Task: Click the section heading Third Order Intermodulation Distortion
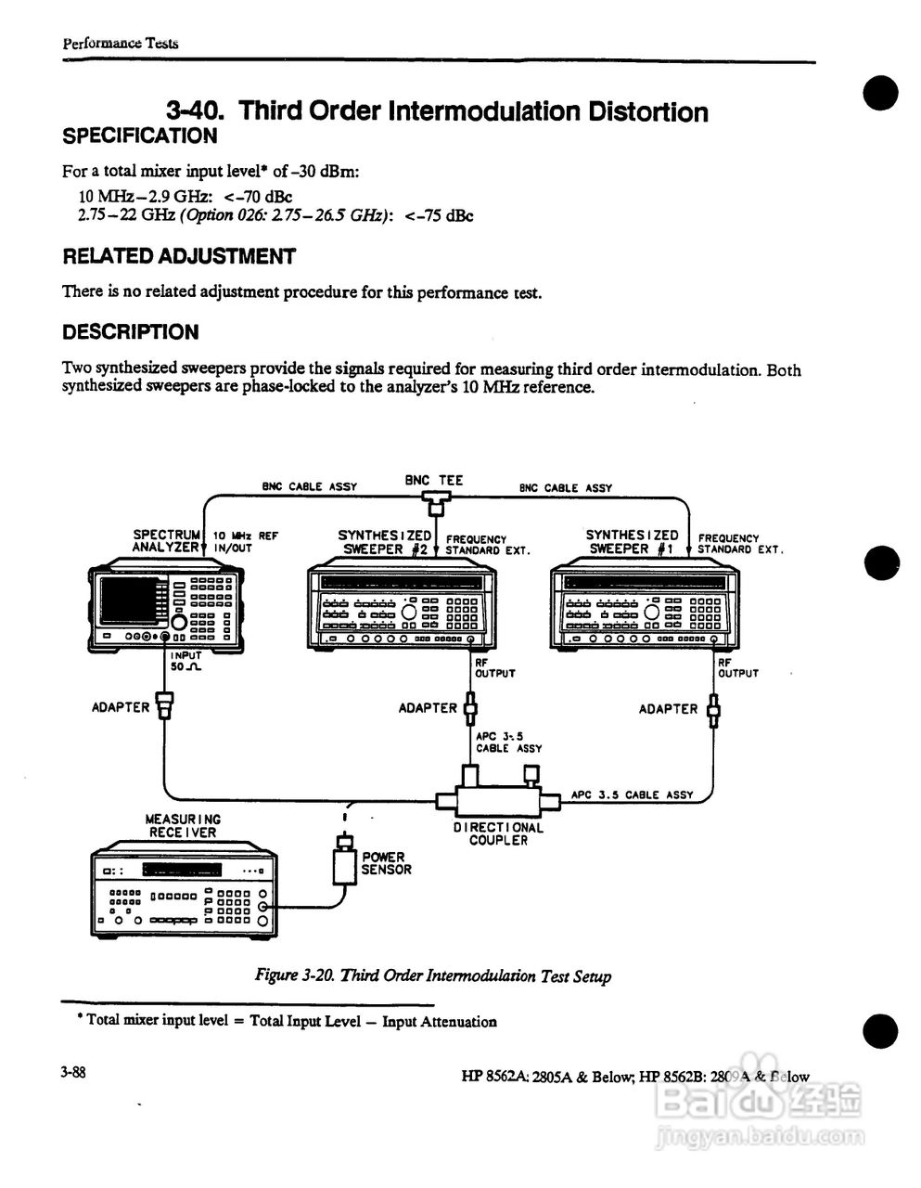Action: point(437,111)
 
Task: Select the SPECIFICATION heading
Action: point(139,136)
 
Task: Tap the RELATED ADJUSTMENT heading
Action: point(179,256)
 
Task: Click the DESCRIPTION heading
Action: point(130,332)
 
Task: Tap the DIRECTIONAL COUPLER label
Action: point(498,833)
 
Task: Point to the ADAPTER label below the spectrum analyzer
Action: point(121,707)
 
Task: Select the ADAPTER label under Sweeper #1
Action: point(668,709)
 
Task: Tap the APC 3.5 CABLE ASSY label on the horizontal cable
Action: point(633,794)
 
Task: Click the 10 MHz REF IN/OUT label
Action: point(245,542)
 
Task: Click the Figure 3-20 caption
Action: point(433,975)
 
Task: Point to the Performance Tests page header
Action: point(120,43)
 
